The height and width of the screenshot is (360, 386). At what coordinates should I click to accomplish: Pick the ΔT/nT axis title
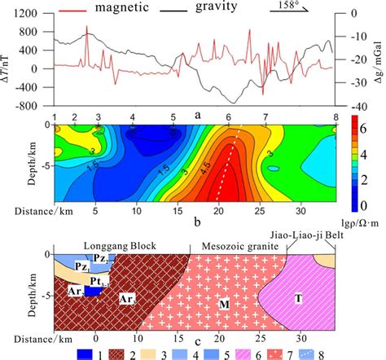(x=7, y=60)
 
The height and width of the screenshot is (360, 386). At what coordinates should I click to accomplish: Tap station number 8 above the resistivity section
(x=335, y=118)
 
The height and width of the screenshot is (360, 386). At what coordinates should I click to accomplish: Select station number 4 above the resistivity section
(x=134, y=118)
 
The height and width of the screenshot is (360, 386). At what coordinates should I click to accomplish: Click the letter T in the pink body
(x=299, y=298)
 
